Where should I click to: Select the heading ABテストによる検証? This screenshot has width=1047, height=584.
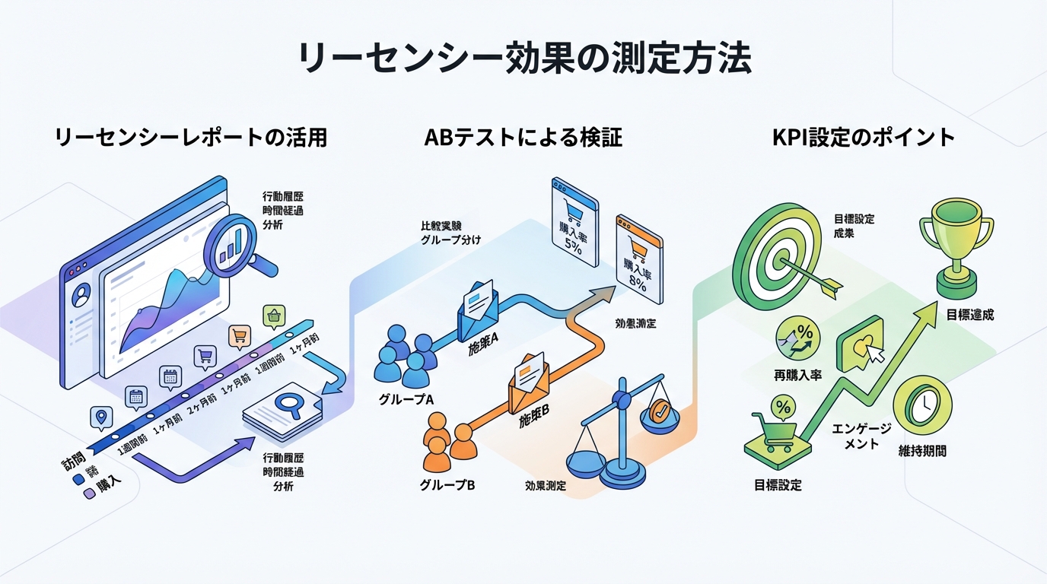point(523,138)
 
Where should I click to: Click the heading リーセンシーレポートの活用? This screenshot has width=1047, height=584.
point(191,138)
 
